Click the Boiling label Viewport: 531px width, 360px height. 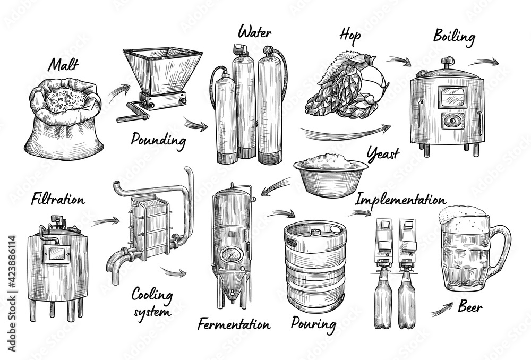pyautogui.click(x=453, y=37)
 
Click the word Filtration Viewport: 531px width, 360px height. pyautogui.click(x=57, y=200)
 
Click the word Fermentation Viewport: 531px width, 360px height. pyautogui.click(x=234, y=323)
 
